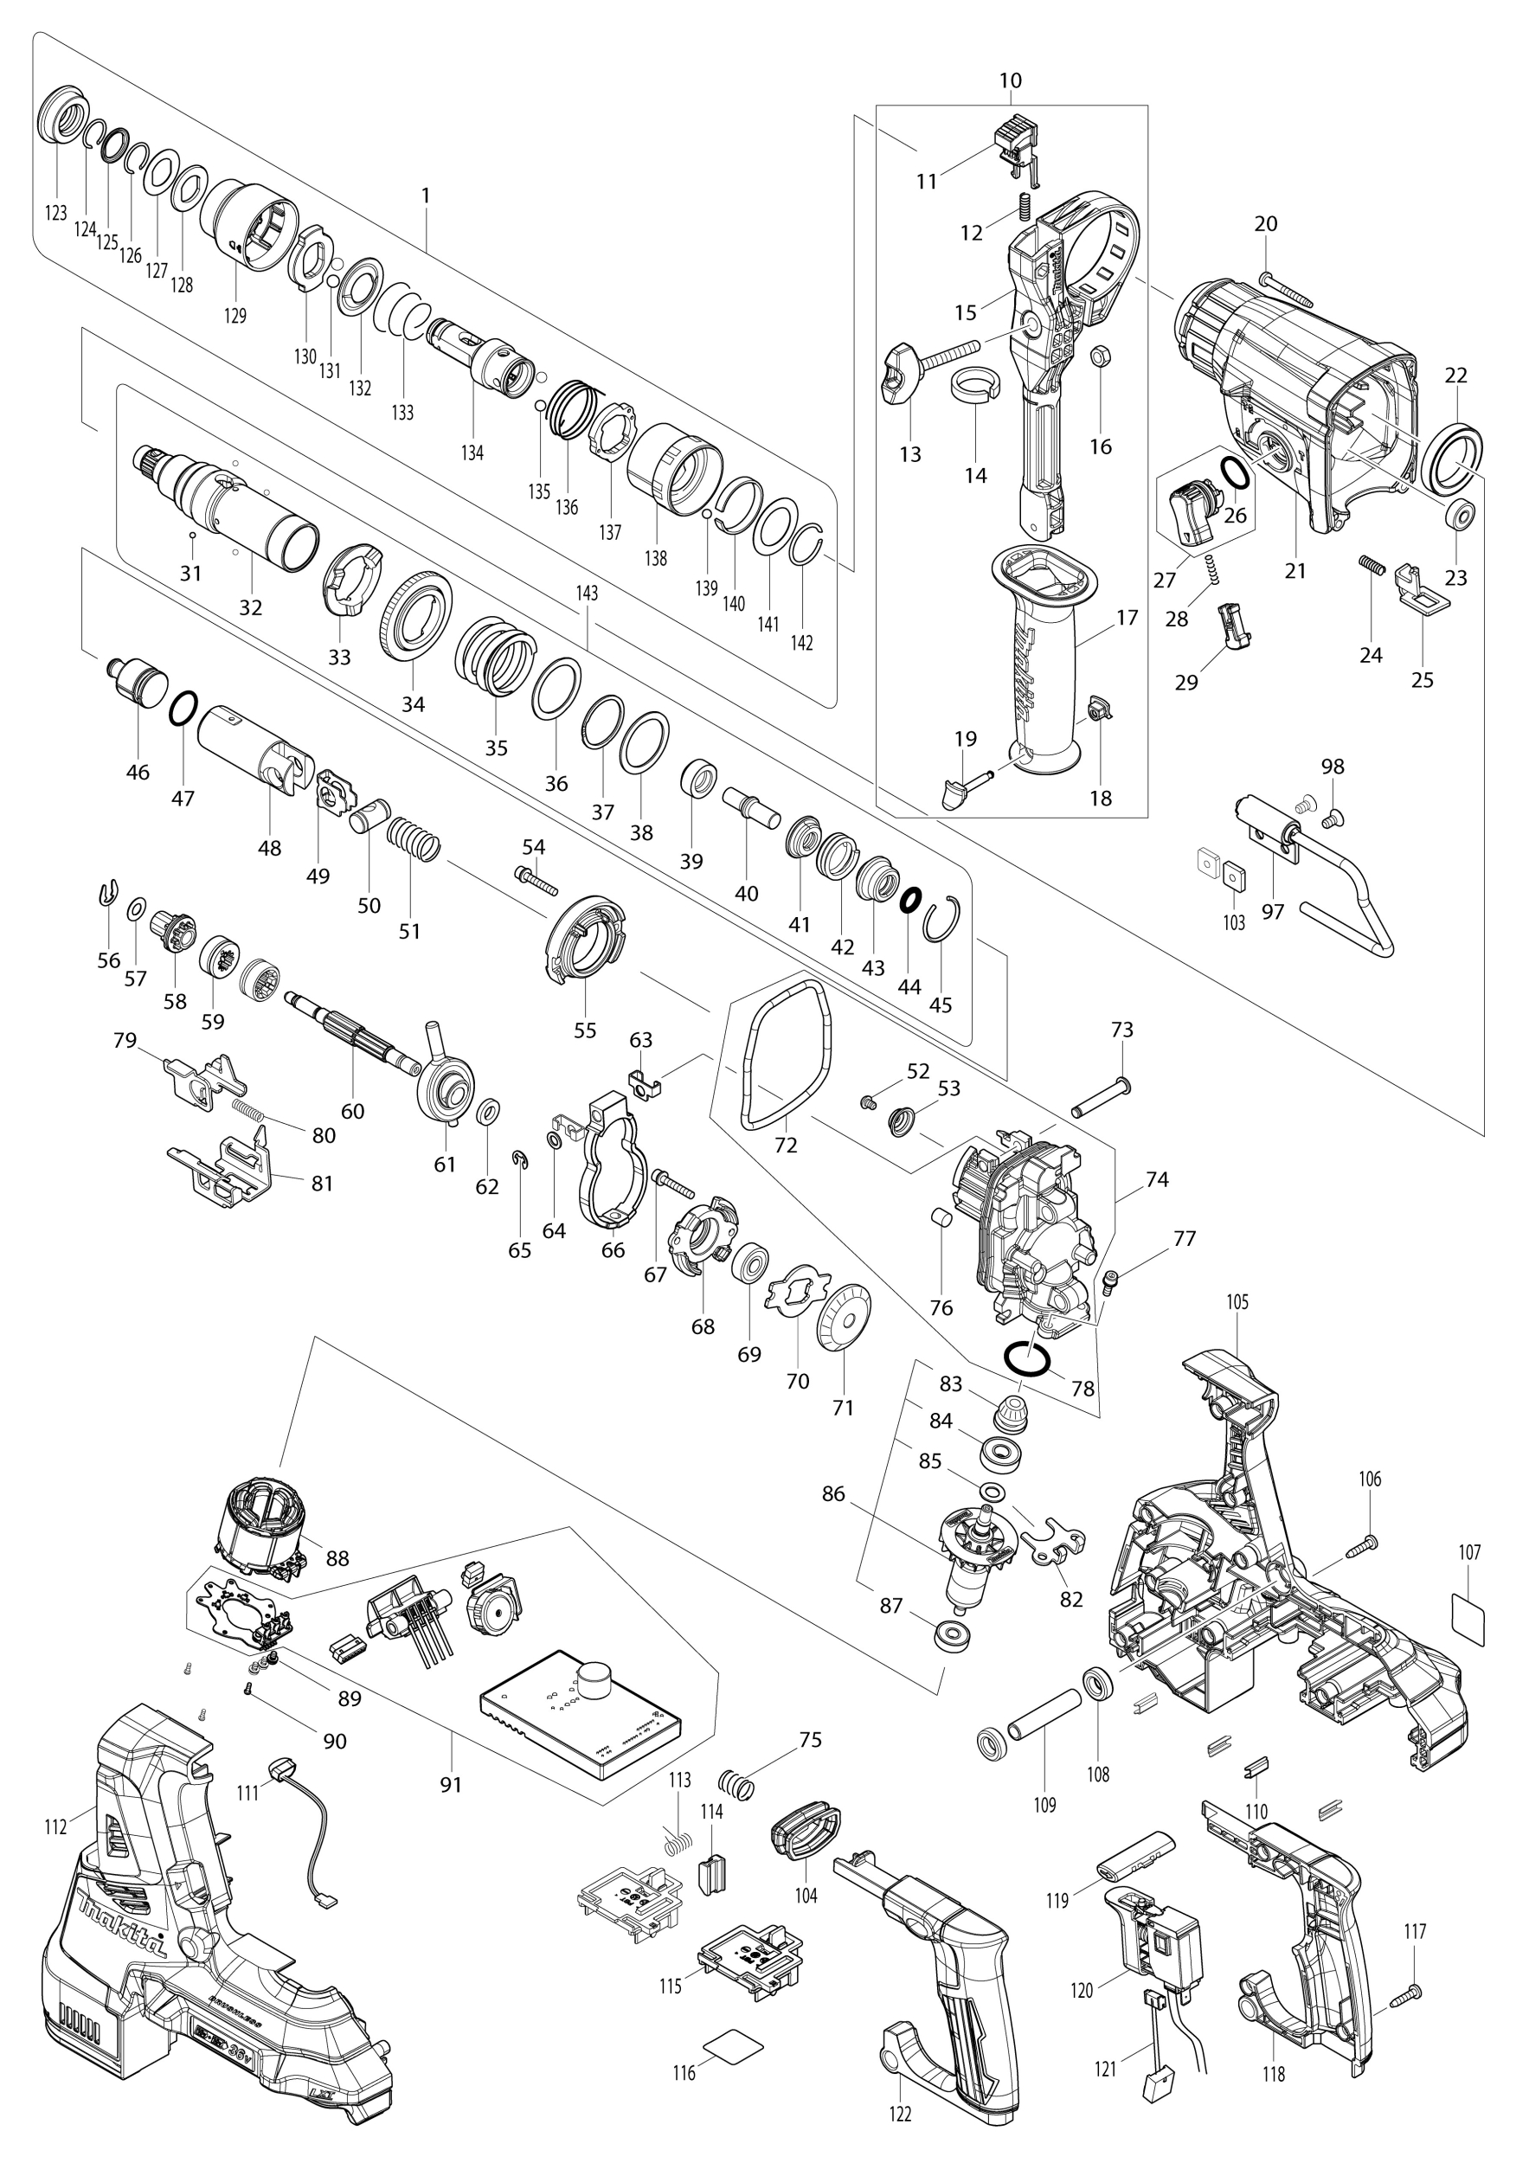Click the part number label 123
(x=56, y=213)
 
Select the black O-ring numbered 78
(x=1026, y=1357)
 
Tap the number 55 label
(x=585, y=1030)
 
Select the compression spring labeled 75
(x=736, y=1782)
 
